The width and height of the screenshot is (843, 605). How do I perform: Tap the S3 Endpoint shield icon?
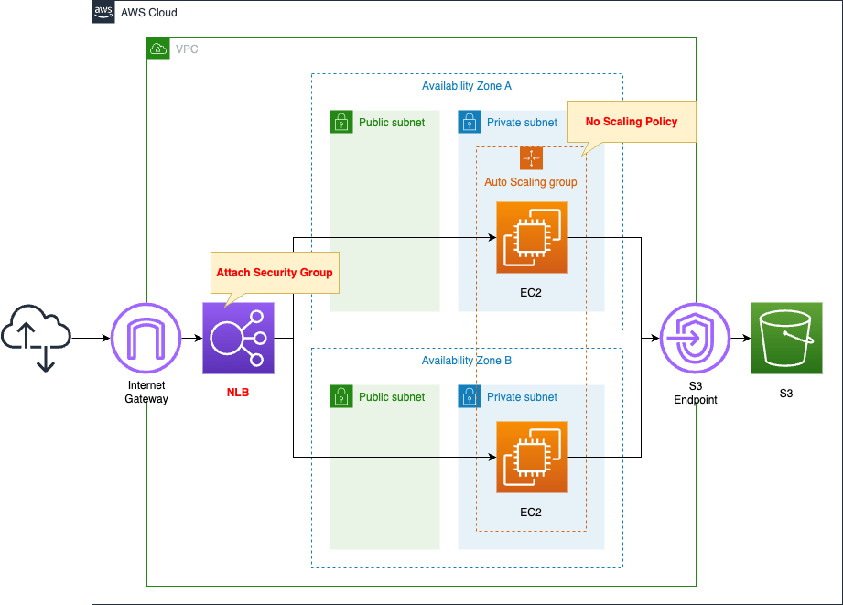pyautogui.click(x=695, y=339)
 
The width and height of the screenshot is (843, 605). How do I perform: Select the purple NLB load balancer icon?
pyautogui.click(x=238, y=339)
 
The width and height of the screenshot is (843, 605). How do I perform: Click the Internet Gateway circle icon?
pyautogui.click(x=146, y=339)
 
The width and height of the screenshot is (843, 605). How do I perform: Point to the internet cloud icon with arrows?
pyautogui.click(x=37, y=339)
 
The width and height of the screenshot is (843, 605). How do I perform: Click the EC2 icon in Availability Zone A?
pyautogui.click(x=531, y=238)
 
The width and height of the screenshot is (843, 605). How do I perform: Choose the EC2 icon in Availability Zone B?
pyautogui.click(x=531, y=457)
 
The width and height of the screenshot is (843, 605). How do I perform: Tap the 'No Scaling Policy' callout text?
pyautogui.click(x=632, y=122)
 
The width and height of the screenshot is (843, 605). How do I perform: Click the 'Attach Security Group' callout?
pyautogui.click(x=275, y=273)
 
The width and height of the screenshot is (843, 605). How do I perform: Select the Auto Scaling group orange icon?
pyautogui.click(x=531, y=158)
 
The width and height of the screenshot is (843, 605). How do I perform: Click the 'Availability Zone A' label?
pyautogui.click(x=466, y=86)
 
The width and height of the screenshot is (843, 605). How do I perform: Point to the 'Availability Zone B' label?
pyautogui.click(x=466, y=361)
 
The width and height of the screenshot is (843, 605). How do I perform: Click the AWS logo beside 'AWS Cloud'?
pyautogui.click(x=103, y=12)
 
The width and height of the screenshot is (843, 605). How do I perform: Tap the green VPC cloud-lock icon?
pyautogui.click(x=158, y=49)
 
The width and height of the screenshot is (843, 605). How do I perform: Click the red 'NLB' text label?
pyautogui.click(x=238, y=393)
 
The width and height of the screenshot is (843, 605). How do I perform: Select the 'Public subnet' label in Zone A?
pyautogui.click(x=391, y=123)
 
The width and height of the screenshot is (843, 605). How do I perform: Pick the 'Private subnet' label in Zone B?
pyautogui.click(x=522, y=397)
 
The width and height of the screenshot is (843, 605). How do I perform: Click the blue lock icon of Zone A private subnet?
pyautogui.click(x=469, y=122)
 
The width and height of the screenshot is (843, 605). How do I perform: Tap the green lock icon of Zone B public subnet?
pyautogui.click(x=341, y=396)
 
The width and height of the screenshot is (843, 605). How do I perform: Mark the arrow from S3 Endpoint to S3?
pyautogui.click(x=740, y=339)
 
